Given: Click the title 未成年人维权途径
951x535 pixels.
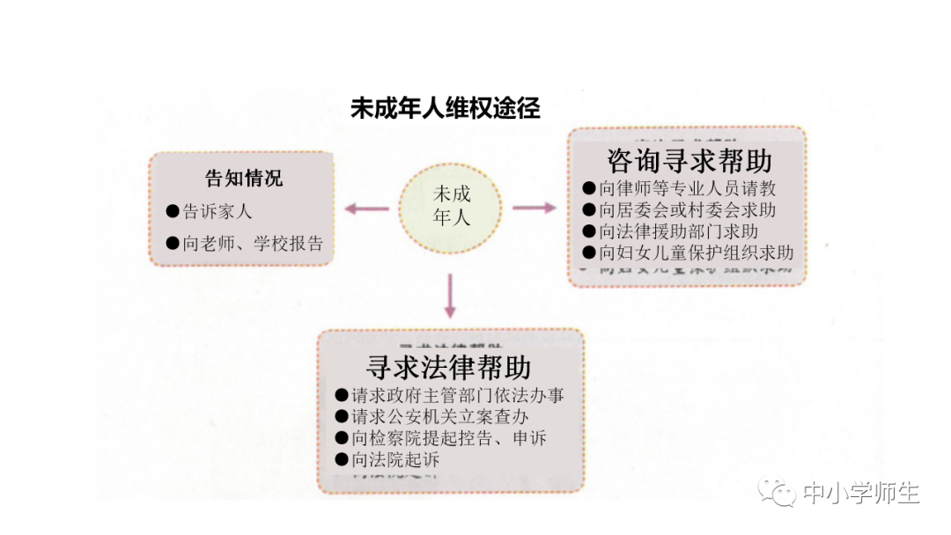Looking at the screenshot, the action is coord(445,109).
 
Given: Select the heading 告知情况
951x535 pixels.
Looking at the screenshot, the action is coord(244,179).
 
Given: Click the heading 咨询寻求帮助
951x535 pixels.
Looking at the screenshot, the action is coord(689,161).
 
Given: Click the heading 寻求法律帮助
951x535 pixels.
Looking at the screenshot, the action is coord(448,366).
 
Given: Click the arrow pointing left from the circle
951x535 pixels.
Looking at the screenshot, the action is coord(367,209).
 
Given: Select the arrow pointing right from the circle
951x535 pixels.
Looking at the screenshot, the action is coord(534,208).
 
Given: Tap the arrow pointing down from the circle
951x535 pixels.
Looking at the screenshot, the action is coord(450,296).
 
